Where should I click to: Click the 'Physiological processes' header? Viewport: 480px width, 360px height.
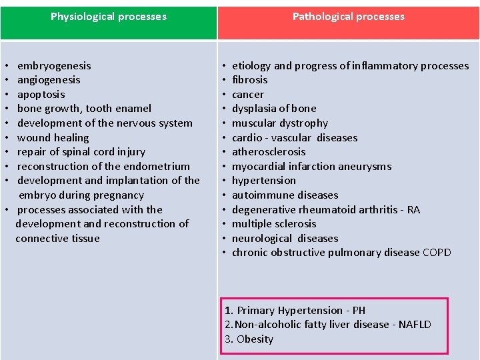[109, 17]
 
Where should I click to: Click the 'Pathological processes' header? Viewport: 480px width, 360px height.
[349, 17]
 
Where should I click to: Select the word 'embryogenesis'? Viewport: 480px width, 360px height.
[54, 66]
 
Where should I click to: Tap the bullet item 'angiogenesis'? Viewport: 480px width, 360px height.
[49, 80]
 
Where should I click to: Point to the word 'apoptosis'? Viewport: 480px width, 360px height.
[41, 95]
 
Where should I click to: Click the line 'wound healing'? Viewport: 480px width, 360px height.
[53, 138]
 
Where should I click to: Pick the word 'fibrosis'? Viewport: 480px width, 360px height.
[249, 80]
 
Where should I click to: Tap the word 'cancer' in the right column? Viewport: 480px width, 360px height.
[247, 95]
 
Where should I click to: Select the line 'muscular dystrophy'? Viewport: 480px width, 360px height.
[280, 123]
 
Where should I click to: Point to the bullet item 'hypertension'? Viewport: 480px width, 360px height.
[264, 181]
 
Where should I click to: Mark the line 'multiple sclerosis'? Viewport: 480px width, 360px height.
[274, 224]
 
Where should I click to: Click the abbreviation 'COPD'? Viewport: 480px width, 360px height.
[437, 253]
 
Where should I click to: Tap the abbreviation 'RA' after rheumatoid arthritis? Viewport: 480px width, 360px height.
[413, 210]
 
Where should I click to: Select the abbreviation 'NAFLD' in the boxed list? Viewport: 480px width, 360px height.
[415, 325]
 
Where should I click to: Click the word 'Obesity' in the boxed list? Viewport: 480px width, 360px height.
[255, 339]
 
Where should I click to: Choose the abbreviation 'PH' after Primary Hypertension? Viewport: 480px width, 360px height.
[359, 311]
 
